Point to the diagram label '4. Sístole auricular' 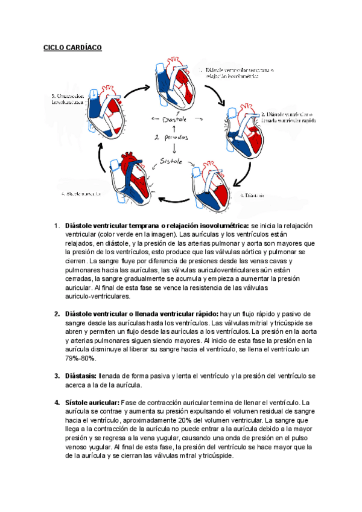(x=81, y=194)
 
